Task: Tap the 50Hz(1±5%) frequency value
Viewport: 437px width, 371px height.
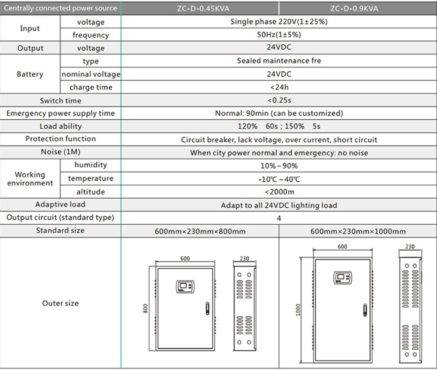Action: click(279, 35)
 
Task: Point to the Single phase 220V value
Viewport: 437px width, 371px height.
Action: click(279, 22)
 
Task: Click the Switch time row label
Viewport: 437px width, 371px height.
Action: click(61, 100)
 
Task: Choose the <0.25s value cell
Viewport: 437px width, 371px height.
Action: click(279, 100)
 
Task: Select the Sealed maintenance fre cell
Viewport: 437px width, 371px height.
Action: click(279, 61)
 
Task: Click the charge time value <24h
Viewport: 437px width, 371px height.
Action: click(279, 87)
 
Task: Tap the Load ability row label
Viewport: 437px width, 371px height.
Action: click(61, 126)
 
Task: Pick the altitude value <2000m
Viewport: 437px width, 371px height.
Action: click(279, 192)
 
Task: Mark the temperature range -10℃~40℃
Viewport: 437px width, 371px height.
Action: click(279, 179)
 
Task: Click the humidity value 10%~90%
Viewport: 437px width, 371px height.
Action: click(279, 166)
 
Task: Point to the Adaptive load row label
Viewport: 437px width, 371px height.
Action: click(61, 205)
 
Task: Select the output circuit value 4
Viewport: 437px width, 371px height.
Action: click(279, 218)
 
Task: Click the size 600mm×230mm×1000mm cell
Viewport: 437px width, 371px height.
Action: click(358, 231)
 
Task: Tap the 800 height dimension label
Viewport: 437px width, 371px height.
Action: click(145, 309)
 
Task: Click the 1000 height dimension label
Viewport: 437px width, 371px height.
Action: click(298, 310)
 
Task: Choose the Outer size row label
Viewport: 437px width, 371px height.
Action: click(60, 303)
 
